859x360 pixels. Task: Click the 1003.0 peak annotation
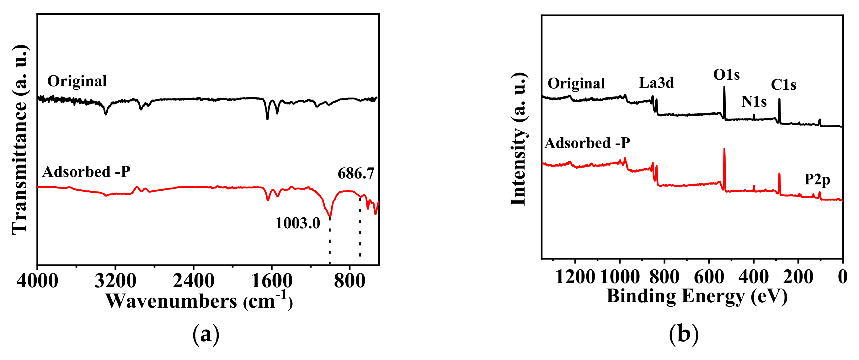(297, 223)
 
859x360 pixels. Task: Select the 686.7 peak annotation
(356, 174)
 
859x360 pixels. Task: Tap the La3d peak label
(656, 83)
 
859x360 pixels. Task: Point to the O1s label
(726, 75)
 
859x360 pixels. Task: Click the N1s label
(754, 102)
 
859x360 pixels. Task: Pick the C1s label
(783, 85)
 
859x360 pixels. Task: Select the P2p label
(817, 180)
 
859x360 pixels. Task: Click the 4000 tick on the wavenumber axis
(37, 281)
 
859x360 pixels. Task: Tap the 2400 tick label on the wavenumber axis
(193, 281)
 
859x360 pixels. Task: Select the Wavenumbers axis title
(199, 301)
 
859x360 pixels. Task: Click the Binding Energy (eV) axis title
(697, 296)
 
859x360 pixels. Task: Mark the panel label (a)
(206, 335)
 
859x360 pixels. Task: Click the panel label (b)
(684, 335)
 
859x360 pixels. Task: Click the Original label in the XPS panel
(576, 83)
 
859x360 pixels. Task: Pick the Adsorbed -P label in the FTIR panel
(86, 172)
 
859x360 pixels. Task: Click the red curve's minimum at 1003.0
(330, 216)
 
